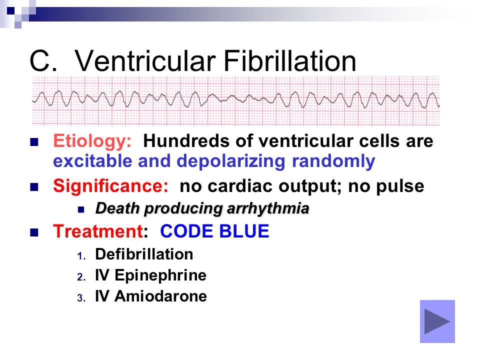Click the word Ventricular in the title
(x=145, y=60)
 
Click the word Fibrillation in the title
(x=290, y=60)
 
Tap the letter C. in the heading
(x=43, y=60)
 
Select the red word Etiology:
(x=92, y=141)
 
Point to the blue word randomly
(x=333, y=161)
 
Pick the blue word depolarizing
(x=231, y=161)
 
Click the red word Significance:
(x=110, y=186)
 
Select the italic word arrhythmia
(x=268, y=208)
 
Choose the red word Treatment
(x=98, y=231)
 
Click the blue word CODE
(x=186, y=231)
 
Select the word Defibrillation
(x=144, y=254)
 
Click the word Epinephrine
(x=160, y=275)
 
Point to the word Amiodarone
(x=160, y=296)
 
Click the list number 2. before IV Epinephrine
(x=81, y=277)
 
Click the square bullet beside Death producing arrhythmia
(x=81, y=209)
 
